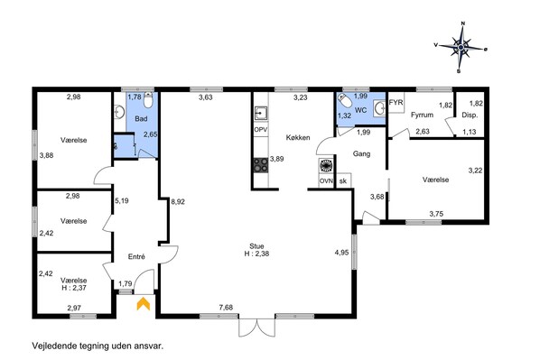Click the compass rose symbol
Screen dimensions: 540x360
tap(461, 48)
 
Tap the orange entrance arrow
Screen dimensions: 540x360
tap(144, 304)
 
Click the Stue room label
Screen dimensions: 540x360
tap(256, 246)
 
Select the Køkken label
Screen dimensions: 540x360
tap(298, 138)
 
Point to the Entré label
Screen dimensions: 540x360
tap(136, 256)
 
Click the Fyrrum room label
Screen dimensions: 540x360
tap(422, 115)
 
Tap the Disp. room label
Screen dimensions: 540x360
tap(470, 115)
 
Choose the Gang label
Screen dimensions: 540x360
tap(361, 154)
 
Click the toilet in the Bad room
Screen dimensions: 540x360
tap(148, 99)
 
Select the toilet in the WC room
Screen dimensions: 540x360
tap(345, 100)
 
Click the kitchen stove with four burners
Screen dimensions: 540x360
tap(261, 165)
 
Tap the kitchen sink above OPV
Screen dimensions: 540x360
tap(261, 113)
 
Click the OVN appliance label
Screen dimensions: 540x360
tap(326, 181)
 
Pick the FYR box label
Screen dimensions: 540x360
tap(396, 102)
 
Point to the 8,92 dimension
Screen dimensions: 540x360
tap(178, 202)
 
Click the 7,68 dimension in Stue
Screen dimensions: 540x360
tap(226, 308)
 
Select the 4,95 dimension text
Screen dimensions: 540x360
tap(341, 253)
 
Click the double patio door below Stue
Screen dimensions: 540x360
tap(257, 328)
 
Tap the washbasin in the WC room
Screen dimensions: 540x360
tap(379, 107)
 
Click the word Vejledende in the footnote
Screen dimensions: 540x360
tap(54, 346)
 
